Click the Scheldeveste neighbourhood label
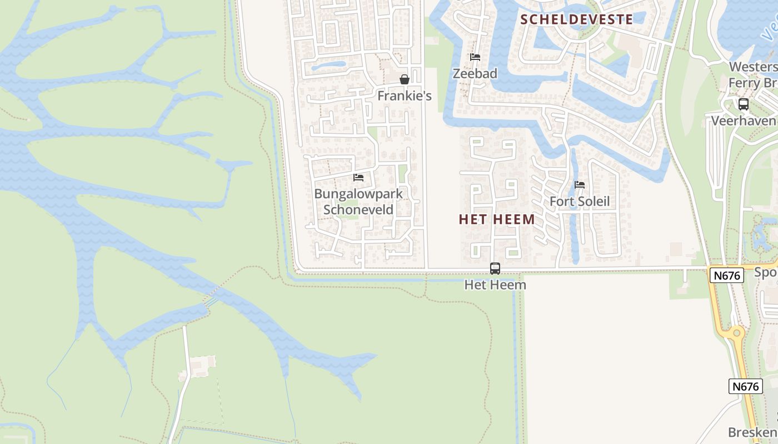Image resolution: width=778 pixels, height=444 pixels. pos(576,19)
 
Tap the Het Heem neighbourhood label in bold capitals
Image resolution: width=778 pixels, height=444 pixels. pos(497,219)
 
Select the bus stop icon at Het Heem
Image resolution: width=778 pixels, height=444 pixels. pos(495,269)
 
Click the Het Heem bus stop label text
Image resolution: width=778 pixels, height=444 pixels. pos(495,285)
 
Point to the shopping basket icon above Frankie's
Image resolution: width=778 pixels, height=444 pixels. pos(405,79)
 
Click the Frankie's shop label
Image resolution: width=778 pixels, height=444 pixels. pos(405,95)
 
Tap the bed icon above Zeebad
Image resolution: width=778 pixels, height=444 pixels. pos(475,57)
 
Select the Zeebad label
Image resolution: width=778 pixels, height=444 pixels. pos(475,73)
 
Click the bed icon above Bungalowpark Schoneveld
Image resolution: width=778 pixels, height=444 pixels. pos(358,178)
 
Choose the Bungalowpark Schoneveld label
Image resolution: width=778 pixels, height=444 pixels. pos(358,201)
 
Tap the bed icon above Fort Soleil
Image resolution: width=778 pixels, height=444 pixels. pos(580,185)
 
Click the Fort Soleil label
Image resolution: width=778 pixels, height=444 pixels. pos(580,201)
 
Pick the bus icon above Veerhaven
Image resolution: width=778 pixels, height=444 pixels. pos(743,104)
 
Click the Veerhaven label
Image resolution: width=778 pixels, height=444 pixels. pos(744,120)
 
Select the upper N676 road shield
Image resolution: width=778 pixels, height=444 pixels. pos(726,275)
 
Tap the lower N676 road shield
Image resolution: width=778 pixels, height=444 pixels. pos(745,386)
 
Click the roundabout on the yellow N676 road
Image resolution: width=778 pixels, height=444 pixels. pos(737,333)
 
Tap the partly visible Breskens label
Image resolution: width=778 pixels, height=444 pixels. pos(753,432)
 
